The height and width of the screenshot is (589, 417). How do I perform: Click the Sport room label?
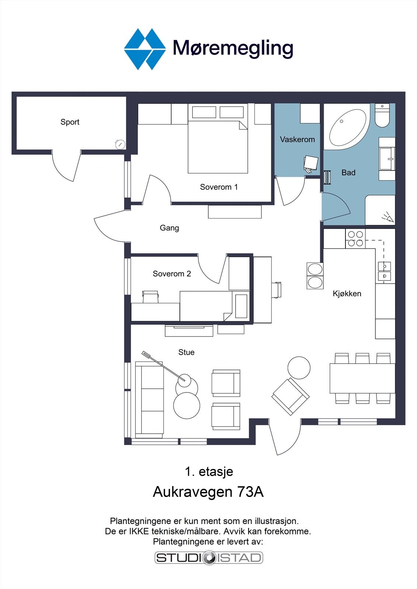pyautogui.click(x=70, y=122)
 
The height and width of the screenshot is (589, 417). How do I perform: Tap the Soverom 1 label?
pyautogui.click(x=219, y=187)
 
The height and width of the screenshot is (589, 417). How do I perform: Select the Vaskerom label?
pyautogui.click(x=297, y=140)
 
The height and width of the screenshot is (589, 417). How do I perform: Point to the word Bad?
pyautogui.click(x=348, y=173)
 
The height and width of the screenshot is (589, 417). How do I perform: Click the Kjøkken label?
pyautogui.click(x=347, y=293)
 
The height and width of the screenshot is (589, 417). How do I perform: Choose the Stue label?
pyautogui.click(x=186, y=352)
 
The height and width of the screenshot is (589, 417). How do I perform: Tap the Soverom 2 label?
pyautogui.click(x=172, y=274)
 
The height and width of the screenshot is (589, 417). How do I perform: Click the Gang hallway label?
pyautogui.click(x=169, y=228)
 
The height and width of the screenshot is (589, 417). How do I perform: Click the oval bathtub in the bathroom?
pyautogui.click(x=348, y=128)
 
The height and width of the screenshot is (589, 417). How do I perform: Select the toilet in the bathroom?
pyautogui.click(x=382, y=115)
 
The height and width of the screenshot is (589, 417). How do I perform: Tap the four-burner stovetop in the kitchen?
pyautogui.click(x=355, y=239)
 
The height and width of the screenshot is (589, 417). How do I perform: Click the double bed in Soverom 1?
pyautogui.click(x=218, y=138)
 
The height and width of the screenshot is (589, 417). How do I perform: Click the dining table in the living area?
pyautogui.click(x=362, y=378)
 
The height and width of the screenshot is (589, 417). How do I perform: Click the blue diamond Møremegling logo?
pyautogui.click(x=145, y=49)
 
